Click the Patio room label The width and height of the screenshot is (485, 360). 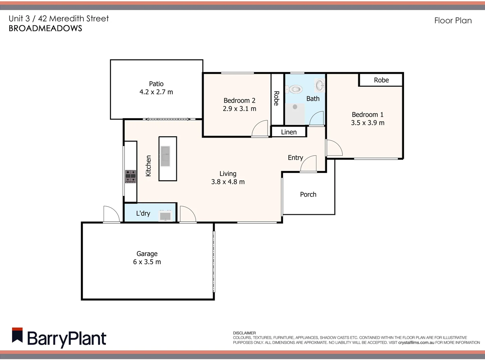coord(156,84)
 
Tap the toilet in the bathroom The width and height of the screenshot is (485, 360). coord(295,89)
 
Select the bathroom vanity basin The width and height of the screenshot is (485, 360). coord(320,85)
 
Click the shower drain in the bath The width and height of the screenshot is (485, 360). coord(295,107)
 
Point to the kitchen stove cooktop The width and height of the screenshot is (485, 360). coord(130,176)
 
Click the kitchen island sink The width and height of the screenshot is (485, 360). coord(165,156)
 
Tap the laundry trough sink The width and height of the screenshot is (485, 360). coord(165,215)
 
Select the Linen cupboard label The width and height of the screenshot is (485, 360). coord(289,132)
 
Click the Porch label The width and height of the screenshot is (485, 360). coord(308,194)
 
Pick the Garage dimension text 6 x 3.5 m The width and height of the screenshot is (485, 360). coord(147,262)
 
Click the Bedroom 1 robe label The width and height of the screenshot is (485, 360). coord(381,80)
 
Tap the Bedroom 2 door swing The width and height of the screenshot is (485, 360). coord(260,129)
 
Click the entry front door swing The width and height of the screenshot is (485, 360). coord(309,164)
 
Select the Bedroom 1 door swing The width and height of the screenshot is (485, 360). coord(334,148)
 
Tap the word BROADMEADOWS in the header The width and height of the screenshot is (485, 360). coord(45,28)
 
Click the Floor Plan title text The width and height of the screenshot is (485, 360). coord(453,21)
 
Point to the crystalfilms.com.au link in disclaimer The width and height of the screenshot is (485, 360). coord(416,342)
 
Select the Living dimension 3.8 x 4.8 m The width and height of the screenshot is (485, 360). coord(228,182)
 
